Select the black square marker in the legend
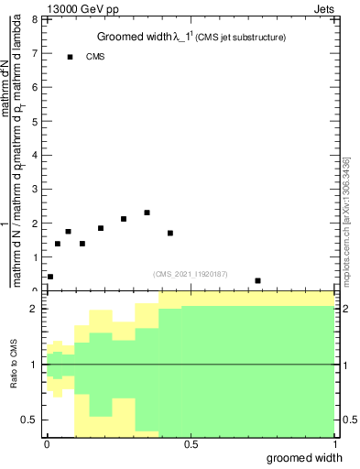click(x=70, y=57)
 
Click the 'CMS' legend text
click(x=95, y=57)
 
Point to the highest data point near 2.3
click(x=147, y=213)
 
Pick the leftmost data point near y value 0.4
click(x=49, y=277)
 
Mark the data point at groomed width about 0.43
click(x=170, y=233)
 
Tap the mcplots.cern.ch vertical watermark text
click(x=345, y=220)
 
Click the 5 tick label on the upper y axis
click(x=35, y=121)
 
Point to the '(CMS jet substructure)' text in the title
click(x=240, y=38)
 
